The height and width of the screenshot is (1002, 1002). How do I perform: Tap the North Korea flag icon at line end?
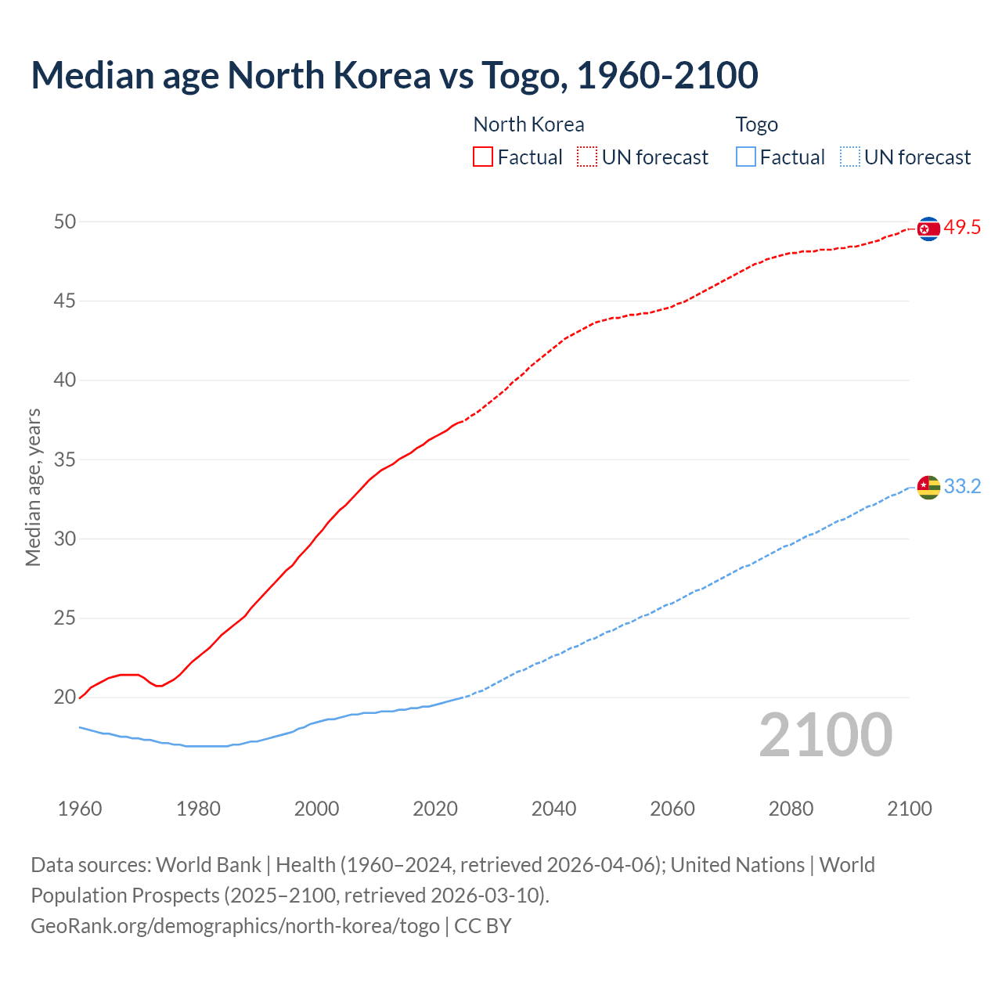pyautogui.click(x=928, y=229)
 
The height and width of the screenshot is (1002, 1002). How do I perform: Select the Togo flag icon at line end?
pyautogui.click(x=928, y=487)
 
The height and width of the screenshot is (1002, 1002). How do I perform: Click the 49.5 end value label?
pyautogui.click(x=962, y=228)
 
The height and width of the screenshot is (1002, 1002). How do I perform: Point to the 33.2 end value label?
pyautogui.click(x=962, y=487)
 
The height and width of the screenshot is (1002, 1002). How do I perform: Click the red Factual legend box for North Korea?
pyautogui.click(x=483, y=157)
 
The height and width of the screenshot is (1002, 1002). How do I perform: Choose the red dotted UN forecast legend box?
pyautogui.click(x=587, y=157)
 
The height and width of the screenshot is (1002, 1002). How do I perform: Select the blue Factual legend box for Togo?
pyautogui.click(x=746, y=157)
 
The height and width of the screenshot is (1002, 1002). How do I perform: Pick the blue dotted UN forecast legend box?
pyautogui.click(x=850, y=157)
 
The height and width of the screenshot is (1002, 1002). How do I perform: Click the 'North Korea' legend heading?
pyautogui.click(x=528, y=124)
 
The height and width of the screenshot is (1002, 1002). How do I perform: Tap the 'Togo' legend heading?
pyautogui.click(x=756, y=124)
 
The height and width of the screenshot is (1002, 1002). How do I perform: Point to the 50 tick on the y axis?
pyautogui.click(x=65, y=222)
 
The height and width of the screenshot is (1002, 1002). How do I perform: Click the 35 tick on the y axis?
pyautogui.click(x=65, y=460)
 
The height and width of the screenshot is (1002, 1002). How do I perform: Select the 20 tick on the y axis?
pyautogui.click(x=65, y=697)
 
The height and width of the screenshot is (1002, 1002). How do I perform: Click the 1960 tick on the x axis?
pyautogui.click(x=80, y=809)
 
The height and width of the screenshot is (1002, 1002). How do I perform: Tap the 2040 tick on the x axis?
pyautogui.click(x=553, y=809)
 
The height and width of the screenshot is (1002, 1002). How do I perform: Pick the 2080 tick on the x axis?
pyautogui.click(x=791, y=809)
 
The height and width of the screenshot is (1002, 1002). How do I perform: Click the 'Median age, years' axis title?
pyautogui.click(x=33, y=487)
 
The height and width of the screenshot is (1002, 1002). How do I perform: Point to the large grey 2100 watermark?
pyautogui.click(x=825, y=735)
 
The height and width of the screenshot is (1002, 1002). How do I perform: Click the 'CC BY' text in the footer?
pyautogui.click(x=483, y=926)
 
